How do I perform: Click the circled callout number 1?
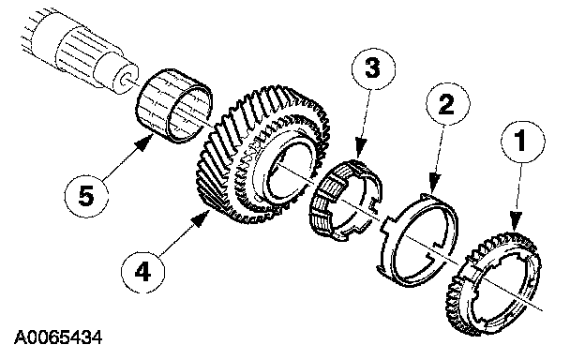pos(523,142)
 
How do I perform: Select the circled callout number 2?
pos(447,104)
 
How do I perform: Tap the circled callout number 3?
pos(373,68)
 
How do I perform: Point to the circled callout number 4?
pos(142,271)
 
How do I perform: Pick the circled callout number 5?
pos(86,196)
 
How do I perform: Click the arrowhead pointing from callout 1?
pos(516,221)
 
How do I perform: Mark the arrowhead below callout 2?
pos(435,184)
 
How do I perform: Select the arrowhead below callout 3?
pos(361,148)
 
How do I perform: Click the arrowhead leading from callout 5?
pos(145,142)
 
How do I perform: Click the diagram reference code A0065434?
pos(58,337)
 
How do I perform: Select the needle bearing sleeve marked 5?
pos(173,106)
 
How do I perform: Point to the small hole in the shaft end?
pos(127,79)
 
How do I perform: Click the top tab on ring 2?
pos(427,197)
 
